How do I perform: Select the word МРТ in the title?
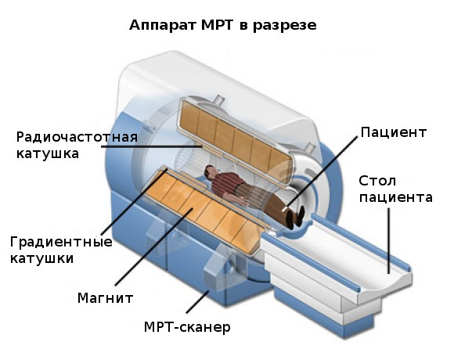pos(217,24)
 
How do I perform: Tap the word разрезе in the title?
pos(285,26)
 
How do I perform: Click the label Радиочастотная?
pos(77,137)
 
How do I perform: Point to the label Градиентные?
pos(61,242)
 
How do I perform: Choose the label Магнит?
pos(106,297)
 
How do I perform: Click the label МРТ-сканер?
pos(187,327)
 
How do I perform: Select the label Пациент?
pos(394,132)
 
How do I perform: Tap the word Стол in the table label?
pos(377,181)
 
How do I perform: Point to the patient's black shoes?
pos(295,217)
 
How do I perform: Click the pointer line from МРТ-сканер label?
pos(197,302)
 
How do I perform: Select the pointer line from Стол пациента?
pos(388,241)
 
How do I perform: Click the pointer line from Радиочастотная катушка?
pos(151,146)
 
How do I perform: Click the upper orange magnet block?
pos(236,142)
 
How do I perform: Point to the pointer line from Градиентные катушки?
pos(134,202)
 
